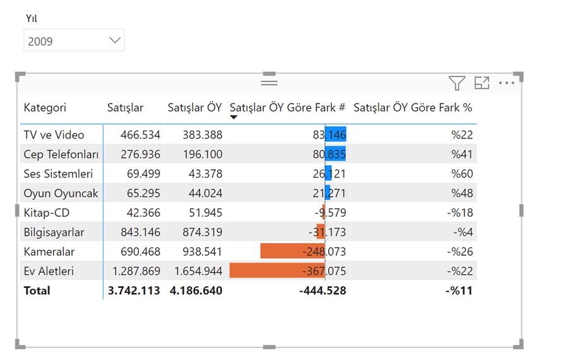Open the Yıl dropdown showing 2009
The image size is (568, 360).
coord(74,40)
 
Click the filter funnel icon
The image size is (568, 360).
coord(457,83)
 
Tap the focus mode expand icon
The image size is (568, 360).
coord(482,83)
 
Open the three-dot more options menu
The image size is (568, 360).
coord(506,83)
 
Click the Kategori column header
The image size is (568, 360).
coord(45,107)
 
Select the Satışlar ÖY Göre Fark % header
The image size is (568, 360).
coord(413,107)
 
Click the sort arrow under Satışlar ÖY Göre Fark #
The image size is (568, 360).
coord(234,117)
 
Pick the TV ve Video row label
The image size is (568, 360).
coord(54,135)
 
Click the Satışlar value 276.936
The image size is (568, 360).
coord(140,155)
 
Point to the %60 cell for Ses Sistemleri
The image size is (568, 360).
coord(462,174)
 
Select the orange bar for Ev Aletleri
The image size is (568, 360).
coord(277,271)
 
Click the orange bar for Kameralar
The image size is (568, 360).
coord(293,251)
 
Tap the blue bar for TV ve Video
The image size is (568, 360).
coord(336,134)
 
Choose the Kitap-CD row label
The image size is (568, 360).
coord(46,213)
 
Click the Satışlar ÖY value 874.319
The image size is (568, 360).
coord(202,232)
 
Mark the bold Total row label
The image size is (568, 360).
coord(37,291)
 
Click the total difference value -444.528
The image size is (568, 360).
coord(322,291)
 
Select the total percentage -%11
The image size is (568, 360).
coord(459,291)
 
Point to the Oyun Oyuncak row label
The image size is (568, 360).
coord(61,193)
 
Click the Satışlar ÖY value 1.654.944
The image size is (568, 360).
coord(198,271)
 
